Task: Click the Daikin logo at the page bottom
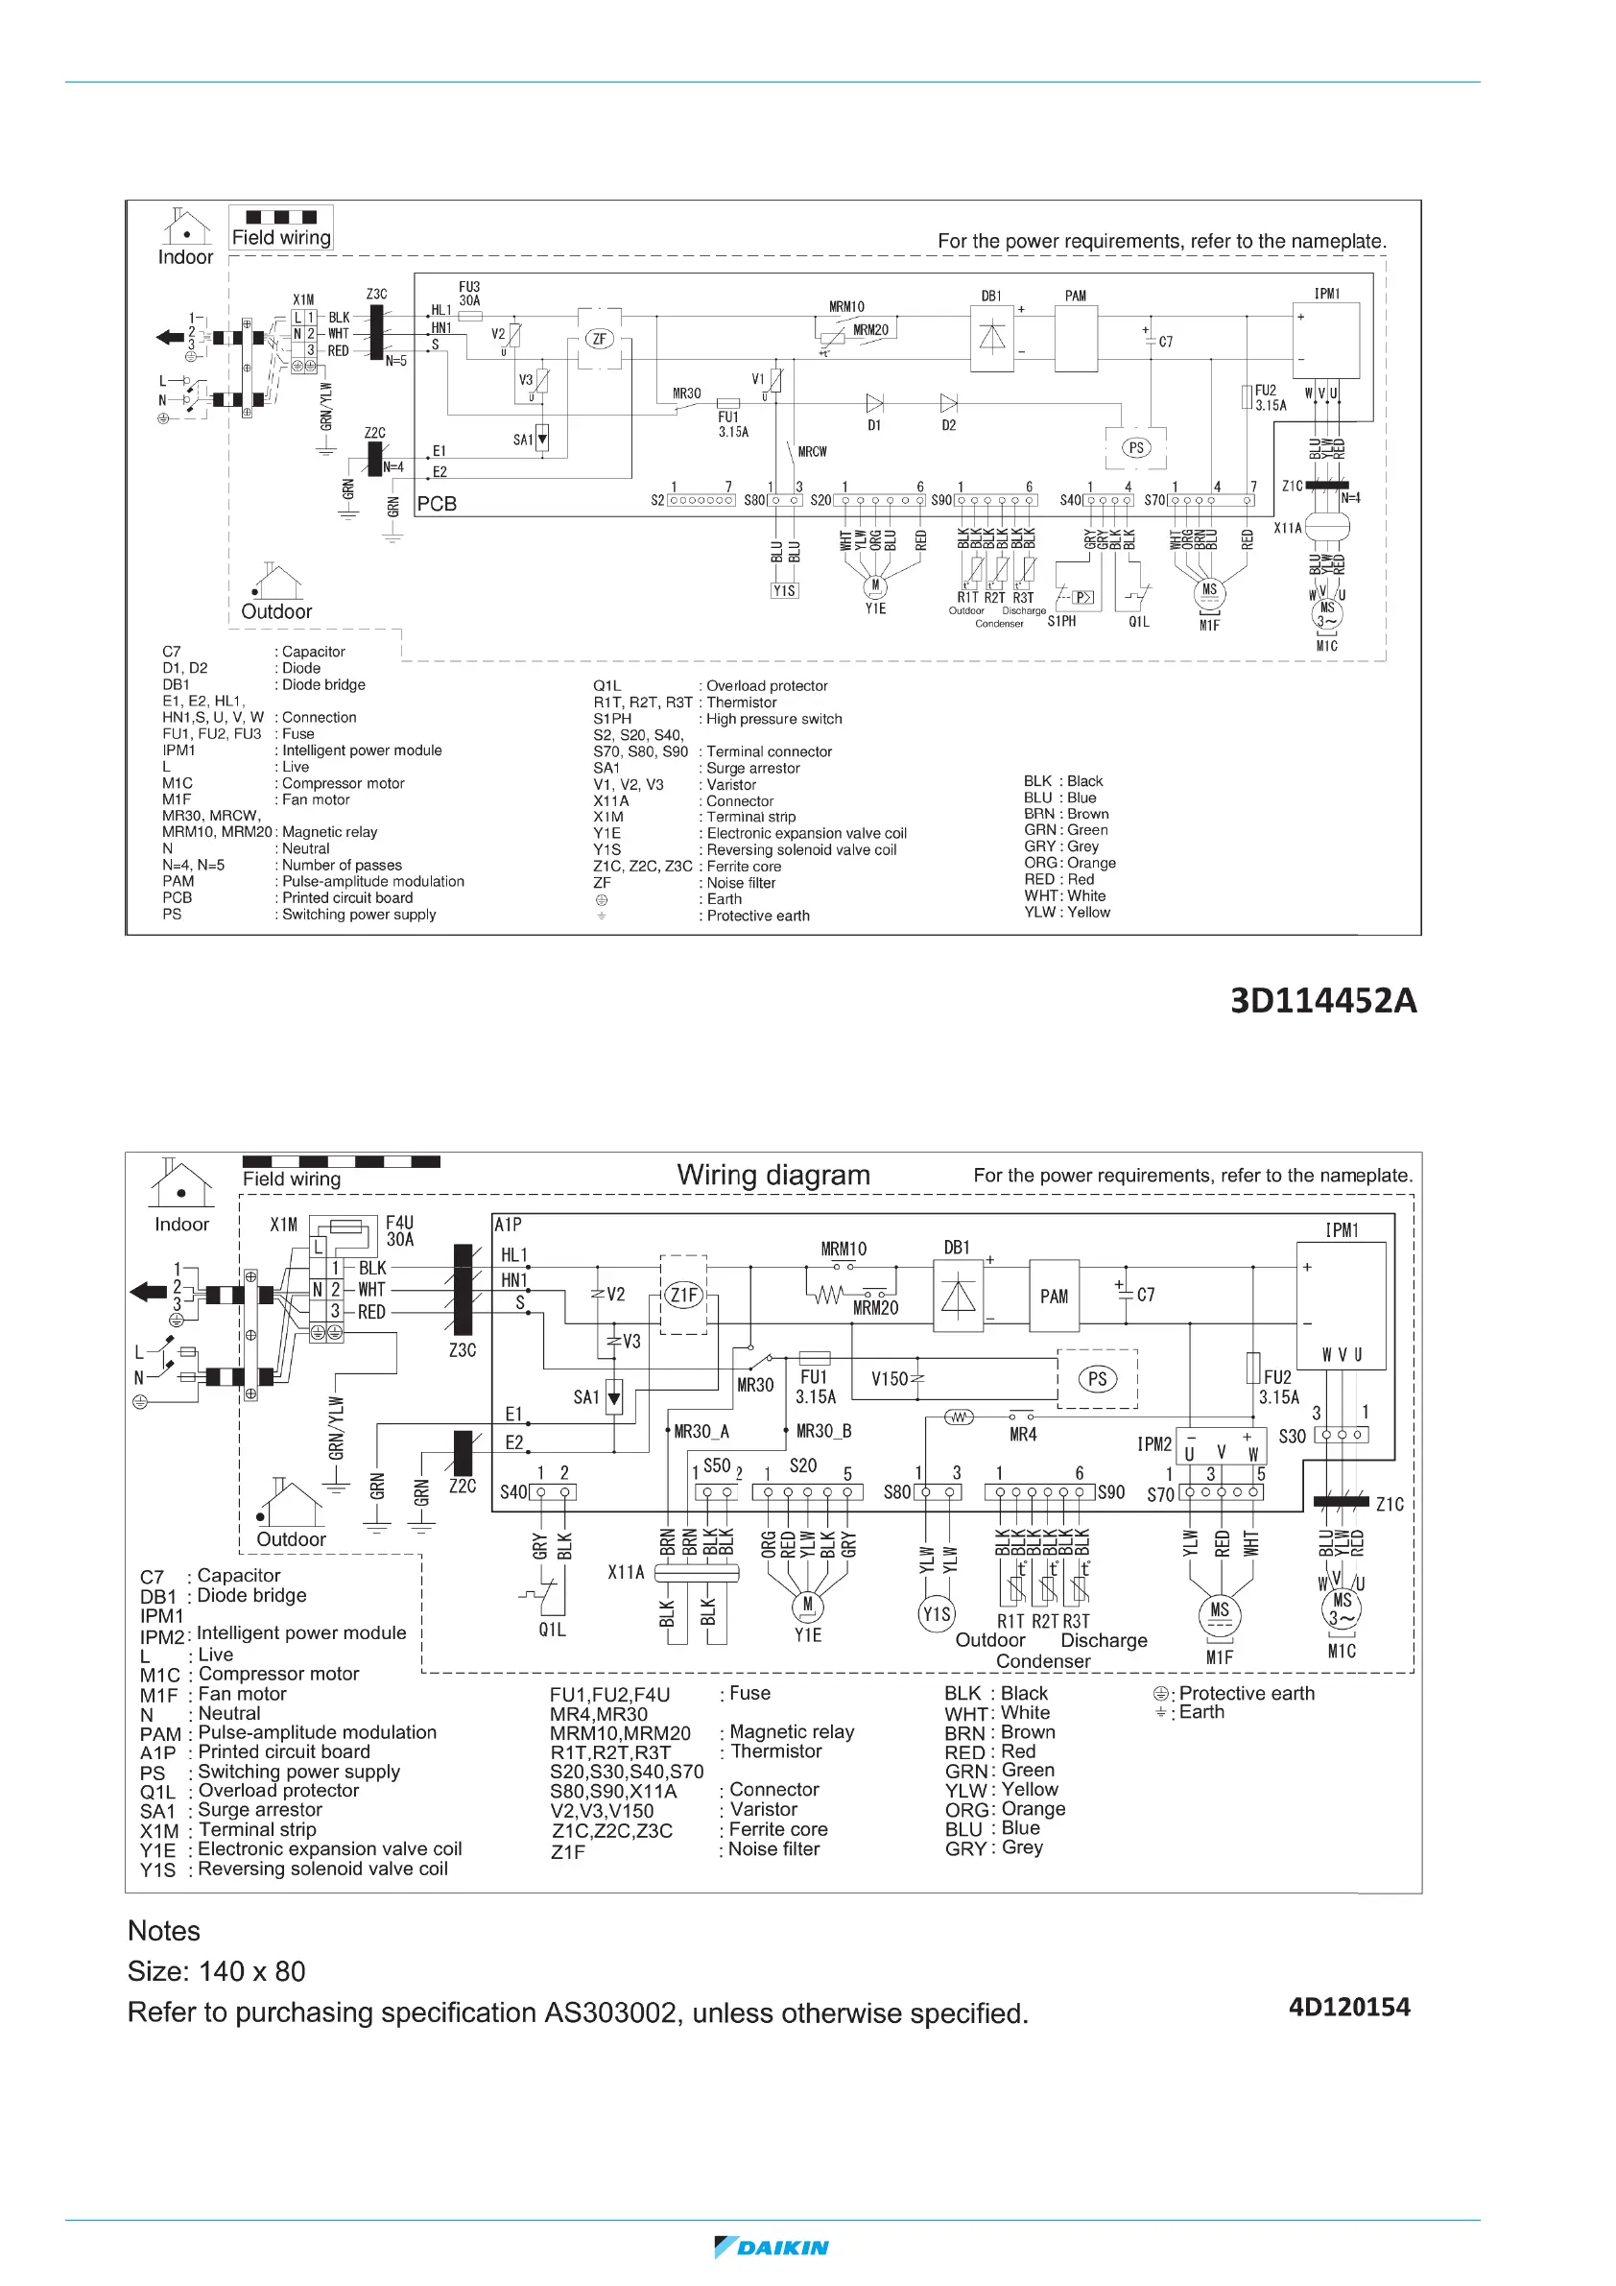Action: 772,2248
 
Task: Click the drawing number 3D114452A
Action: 1322,1001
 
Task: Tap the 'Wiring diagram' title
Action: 772,1175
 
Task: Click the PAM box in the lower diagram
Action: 1054,1297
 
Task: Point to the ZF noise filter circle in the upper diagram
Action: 599,339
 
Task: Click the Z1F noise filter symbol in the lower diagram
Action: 683,1296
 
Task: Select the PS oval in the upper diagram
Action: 1136,448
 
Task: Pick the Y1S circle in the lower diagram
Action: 936,1614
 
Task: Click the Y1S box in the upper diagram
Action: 785,590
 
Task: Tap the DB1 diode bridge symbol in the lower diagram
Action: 958,1296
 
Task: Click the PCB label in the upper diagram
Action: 436,504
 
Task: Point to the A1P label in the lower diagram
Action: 508,1225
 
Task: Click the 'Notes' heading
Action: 163,1931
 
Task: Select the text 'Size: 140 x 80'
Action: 216,1971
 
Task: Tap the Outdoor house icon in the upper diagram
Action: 276,582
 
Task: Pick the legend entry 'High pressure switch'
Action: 773,719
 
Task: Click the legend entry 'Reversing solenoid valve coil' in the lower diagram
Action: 322,1869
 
